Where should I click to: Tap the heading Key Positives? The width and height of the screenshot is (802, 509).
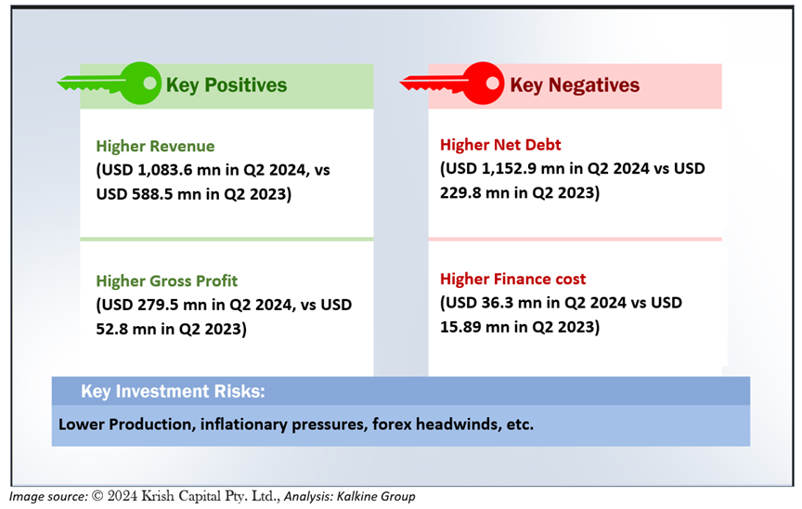226,85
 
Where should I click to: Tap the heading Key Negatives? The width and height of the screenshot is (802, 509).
575,85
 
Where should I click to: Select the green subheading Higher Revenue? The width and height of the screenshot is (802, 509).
156,147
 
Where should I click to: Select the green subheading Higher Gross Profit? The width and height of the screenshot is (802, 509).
167,281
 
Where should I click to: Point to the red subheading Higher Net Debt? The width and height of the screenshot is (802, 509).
500,145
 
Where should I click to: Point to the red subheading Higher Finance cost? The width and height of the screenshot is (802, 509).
513,279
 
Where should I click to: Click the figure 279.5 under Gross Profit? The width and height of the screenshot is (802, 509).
158,305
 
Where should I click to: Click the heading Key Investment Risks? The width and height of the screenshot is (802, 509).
173,391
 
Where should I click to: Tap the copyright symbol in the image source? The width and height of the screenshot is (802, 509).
97,496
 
